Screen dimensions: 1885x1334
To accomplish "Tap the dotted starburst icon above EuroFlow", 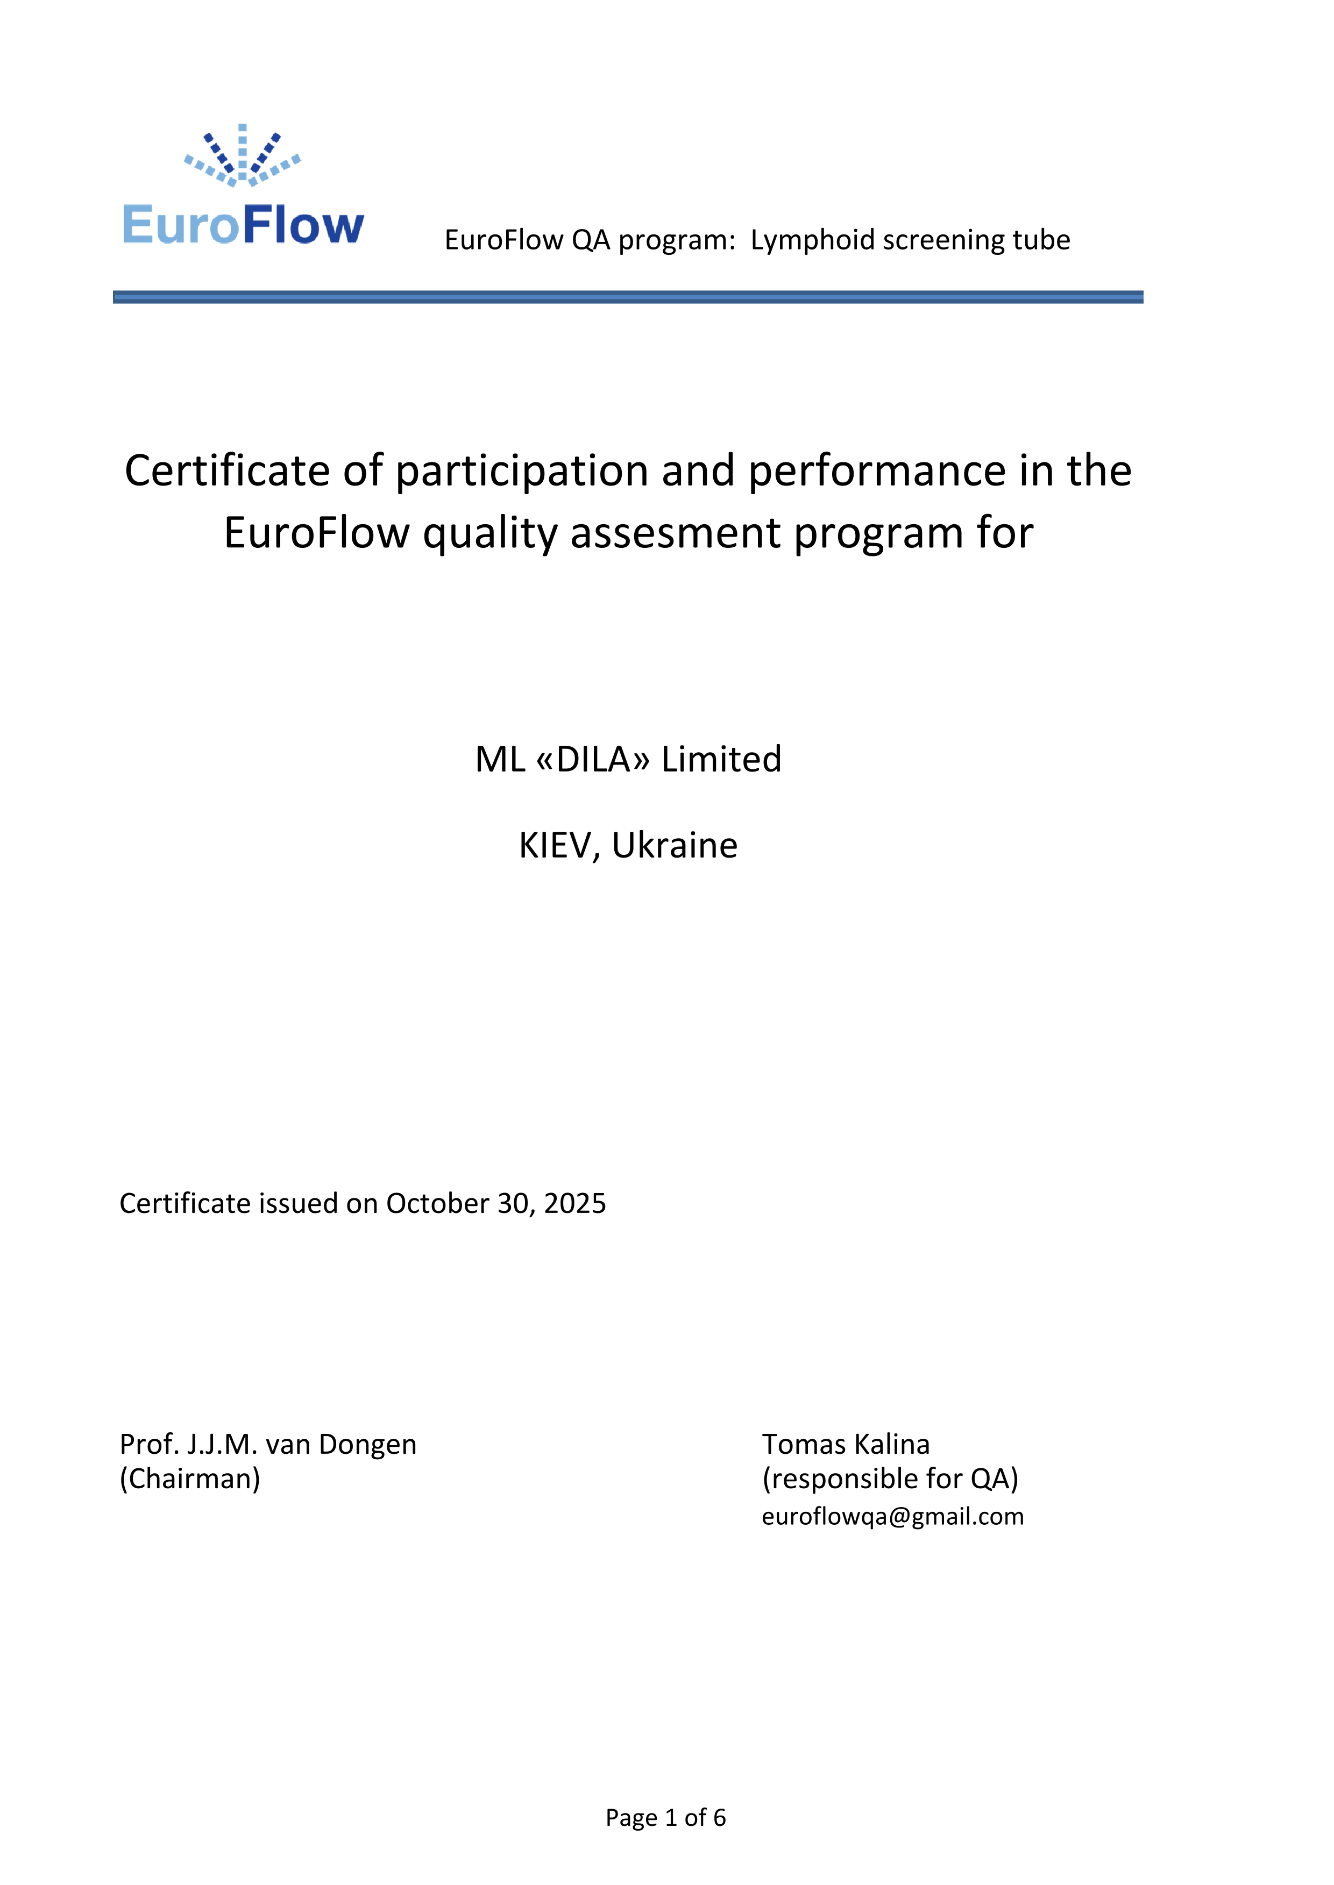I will point(242,156).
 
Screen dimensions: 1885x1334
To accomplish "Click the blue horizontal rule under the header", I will point(628,297).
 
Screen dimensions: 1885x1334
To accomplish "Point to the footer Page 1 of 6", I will point(665,1818).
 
